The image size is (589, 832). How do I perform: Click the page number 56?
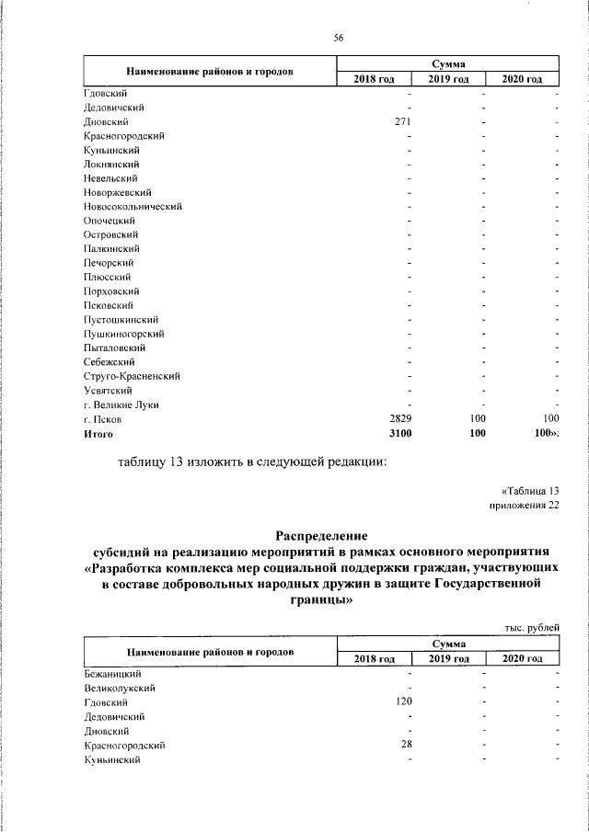338,37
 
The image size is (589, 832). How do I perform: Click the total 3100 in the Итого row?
401,433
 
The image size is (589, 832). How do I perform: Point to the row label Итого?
98,433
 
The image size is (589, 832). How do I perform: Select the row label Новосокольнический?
133,207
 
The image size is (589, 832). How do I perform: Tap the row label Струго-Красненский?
132,376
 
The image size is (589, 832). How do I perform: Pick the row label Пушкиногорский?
124,334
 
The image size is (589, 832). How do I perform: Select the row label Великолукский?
119,687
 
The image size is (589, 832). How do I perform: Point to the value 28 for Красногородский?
406,744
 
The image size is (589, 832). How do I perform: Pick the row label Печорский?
110,263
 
